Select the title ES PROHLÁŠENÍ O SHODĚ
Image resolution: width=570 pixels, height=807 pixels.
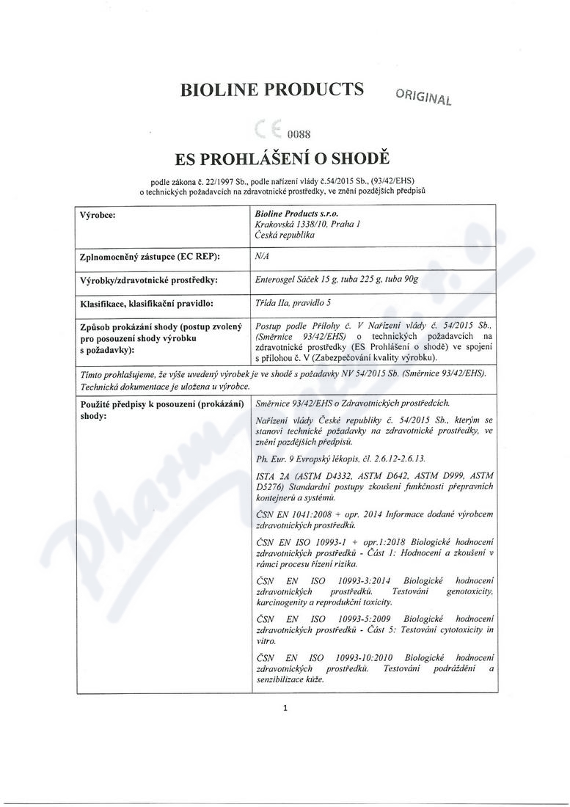[285, 159]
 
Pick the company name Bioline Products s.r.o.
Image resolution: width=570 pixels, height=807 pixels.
[292, 214]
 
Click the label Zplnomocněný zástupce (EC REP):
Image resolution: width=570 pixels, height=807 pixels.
[150, 256]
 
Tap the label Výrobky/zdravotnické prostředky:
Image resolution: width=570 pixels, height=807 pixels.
[147, 280]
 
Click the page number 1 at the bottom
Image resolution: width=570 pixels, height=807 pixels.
[285, 708]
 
